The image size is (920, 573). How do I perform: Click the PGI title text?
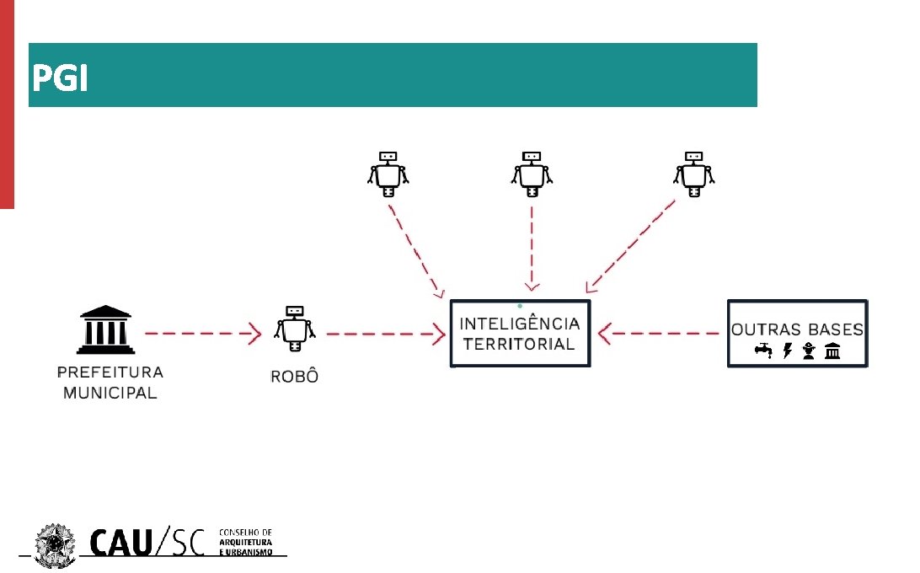click(x=59, y=79)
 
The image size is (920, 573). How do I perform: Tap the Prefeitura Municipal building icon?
click(x=104, y=329)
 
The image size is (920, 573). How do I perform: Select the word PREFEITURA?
click(x=110, y=372)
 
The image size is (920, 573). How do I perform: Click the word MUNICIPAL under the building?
click(x=110, y=393)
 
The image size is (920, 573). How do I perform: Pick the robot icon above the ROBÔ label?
click(x=294, y=328)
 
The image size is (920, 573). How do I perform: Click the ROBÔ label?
click(x=294, y=377)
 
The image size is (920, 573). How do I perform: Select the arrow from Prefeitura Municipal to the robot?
click(x=202, y=335)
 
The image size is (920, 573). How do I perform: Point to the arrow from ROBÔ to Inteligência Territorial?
click(x=385, y=335)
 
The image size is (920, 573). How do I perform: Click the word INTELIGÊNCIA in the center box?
click(x=520, y=324)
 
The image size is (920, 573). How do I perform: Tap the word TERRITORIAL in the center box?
click(x=519, y=344)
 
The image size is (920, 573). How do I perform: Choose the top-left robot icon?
click(x=388, y=173)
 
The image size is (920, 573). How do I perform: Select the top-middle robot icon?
click(x=531, y=173)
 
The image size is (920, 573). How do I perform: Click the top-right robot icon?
click(x=693, y=173)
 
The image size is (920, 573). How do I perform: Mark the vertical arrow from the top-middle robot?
click(x=532, y=249)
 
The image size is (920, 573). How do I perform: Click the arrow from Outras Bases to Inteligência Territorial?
click(x=666, y=334)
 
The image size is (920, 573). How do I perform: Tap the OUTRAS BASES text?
click(x=797, y=329)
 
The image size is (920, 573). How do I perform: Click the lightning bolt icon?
click(x=788, y=351)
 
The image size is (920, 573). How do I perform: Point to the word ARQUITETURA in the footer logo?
click(x=246, y=544)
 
